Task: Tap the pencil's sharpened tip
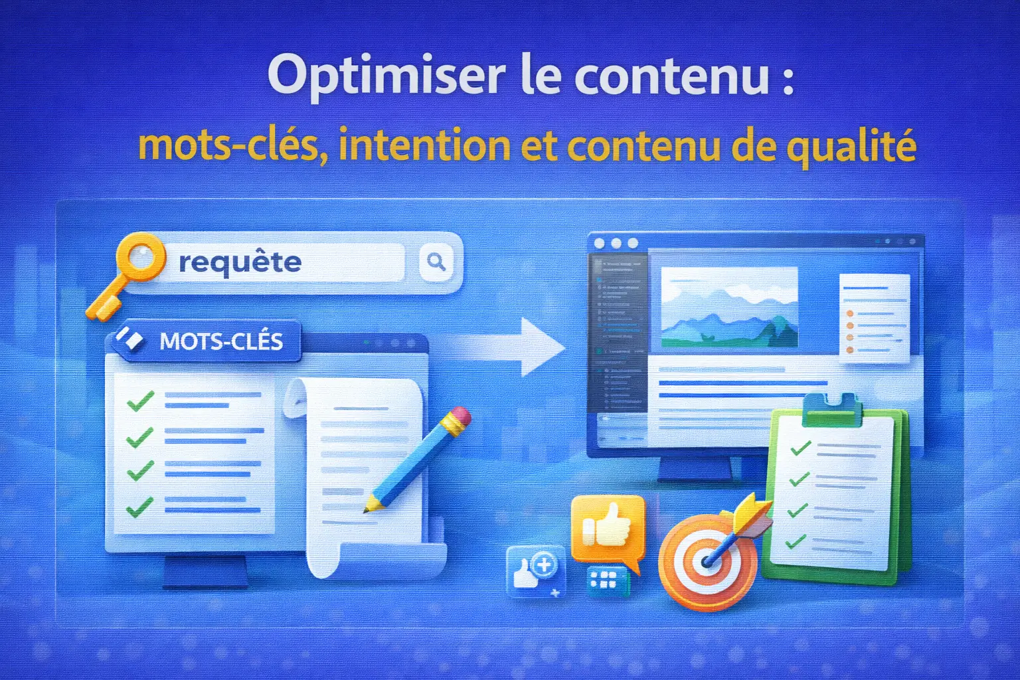point(367,509)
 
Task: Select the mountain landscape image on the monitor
point(728,307)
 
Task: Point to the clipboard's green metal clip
point(830,407)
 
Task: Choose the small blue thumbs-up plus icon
point(535,570)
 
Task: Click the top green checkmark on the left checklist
point(140,400)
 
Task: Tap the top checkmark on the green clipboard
point(800,448)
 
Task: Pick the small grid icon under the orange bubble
point(605,579)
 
